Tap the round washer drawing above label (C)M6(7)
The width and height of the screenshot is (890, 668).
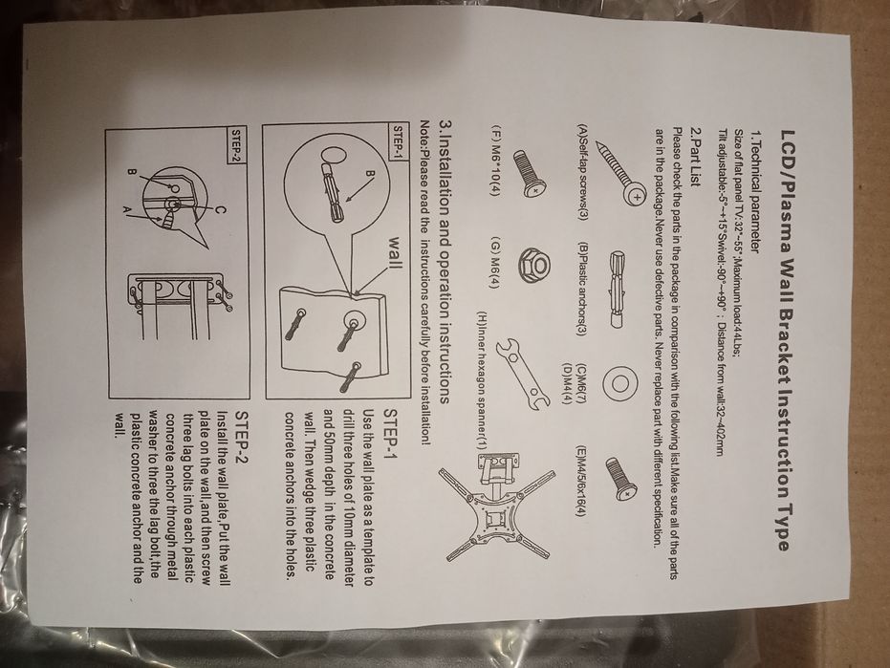(619, 384)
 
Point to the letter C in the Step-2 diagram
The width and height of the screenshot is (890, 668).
(221, 211)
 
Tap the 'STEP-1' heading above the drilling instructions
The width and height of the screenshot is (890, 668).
(393, 431)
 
